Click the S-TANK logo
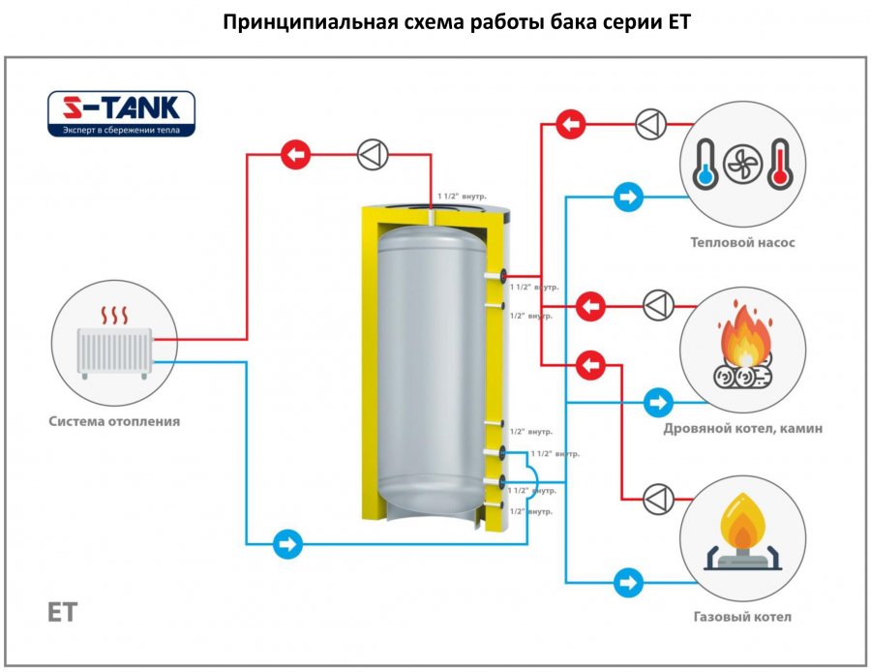(x=122, y=113)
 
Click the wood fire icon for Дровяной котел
(x=743, y=350)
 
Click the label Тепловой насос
(x=742, y=242)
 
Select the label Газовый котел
(x=742, y=617)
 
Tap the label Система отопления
(x=115, y=421)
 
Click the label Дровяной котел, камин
(x=743, y=428)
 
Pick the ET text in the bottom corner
(x=61, y=612)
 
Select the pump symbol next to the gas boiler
(x=659, y=498)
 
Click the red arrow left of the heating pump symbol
(x=294, y=154)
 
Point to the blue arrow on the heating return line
(x=286, y=543)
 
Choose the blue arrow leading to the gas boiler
(x=627, y=583)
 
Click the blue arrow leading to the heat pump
(x=627, y=198)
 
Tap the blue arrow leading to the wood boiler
(x=658, y=401)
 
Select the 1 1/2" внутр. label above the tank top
(x=463, y=196)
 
